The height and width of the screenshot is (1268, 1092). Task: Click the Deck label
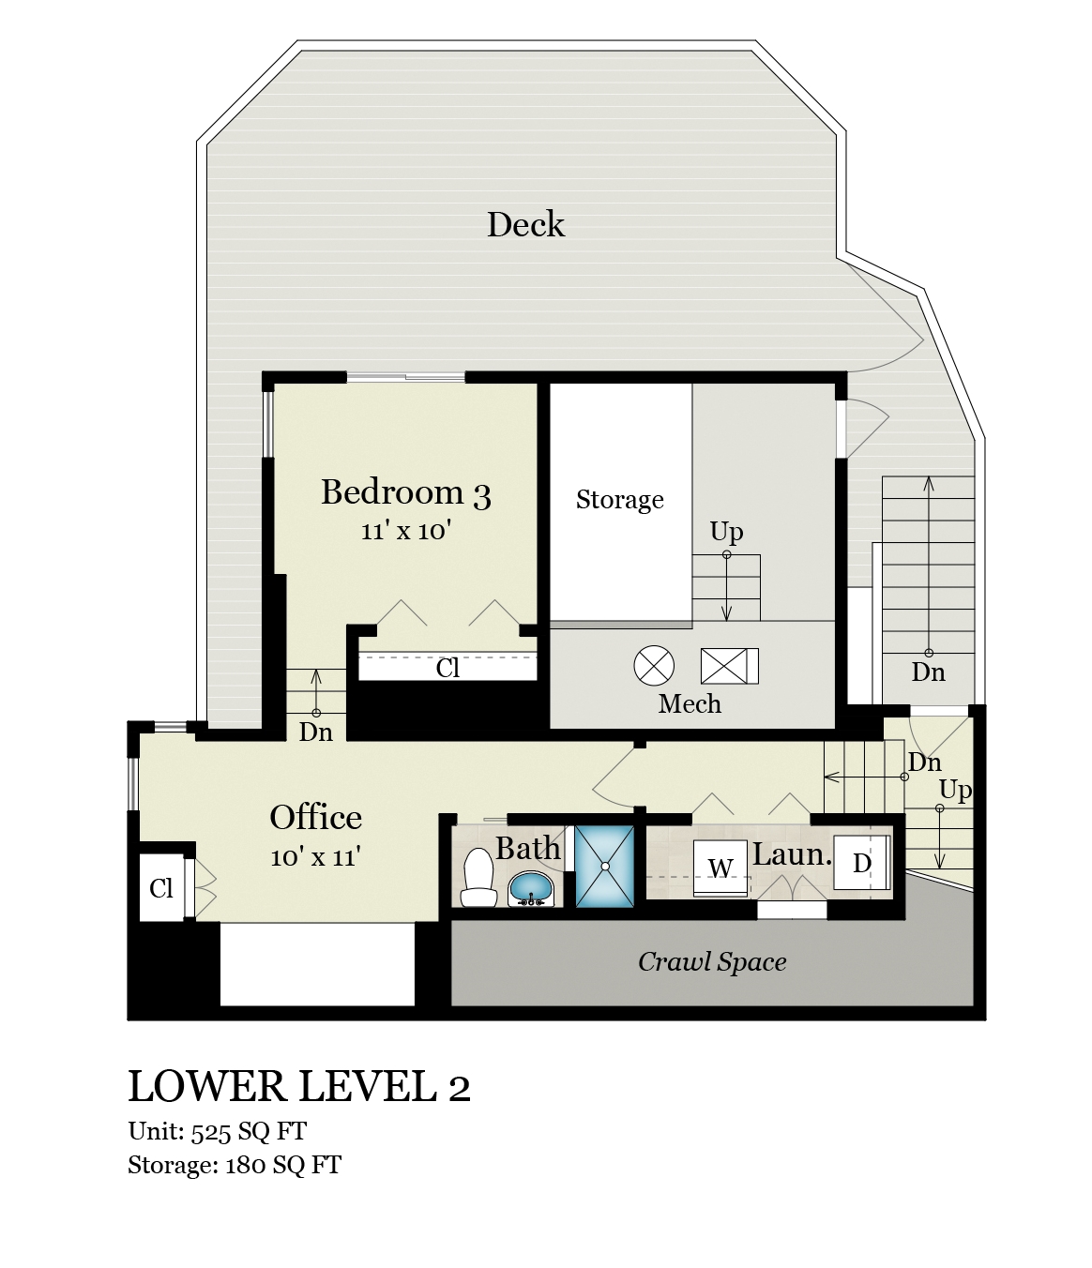click(x=525, y=224)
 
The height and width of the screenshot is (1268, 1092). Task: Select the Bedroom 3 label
click(x=406, y=492)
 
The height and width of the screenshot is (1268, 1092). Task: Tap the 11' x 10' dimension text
click(x=406, y=530)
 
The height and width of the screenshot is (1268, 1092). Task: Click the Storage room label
click(x=619, y=499)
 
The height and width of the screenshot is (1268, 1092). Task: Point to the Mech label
click(x=690, y=703)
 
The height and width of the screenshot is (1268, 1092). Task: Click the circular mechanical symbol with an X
click(x=654, y=666)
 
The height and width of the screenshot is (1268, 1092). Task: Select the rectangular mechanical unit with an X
click(x=730, y=666)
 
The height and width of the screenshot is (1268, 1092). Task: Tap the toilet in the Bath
click(x=478, y=878)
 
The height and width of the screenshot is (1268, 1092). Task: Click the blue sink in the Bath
click(x=531, y=889)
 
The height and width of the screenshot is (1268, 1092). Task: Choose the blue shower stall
click(x=605, y=867)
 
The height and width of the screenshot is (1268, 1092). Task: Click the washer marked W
click(x=720, y=868)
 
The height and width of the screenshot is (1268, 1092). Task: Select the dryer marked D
click(x=861, y=863)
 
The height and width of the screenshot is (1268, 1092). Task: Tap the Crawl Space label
click(x=712, y=961)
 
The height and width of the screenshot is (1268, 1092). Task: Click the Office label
click(x=315, y=818)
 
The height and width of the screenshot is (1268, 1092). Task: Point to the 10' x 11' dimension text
click(x=315, y=856)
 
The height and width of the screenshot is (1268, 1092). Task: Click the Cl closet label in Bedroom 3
click(x=447, y=668)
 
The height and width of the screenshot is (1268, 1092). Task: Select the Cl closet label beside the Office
click(x=160, y=888)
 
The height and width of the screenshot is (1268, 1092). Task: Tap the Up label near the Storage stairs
click(x=726, y=531)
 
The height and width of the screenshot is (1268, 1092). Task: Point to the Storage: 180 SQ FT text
click(x=235, y=1164)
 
